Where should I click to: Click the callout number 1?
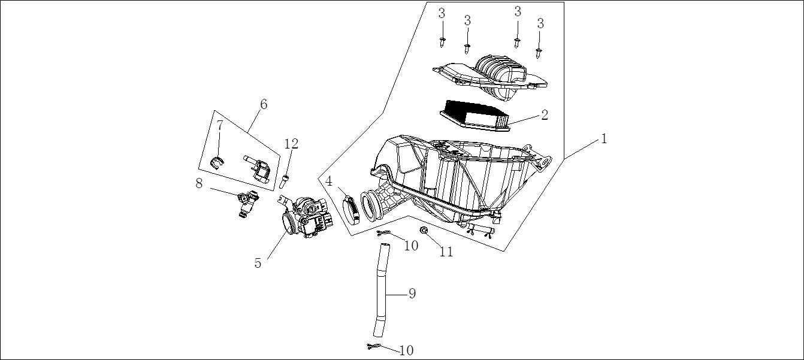[604, 139]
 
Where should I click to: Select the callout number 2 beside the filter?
[545, 114]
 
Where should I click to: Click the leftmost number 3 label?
[442, 13]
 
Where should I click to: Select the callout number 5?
[258, 263]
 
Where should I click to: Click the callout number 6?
[264, 104]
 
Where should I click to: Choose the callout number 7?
[220, 125]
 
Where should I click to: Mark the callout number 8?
[200, 184]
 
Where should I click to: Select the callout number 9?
[412, 293]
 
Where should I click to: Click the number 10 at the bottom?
[406, 350]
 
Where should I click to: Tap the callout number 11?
[446, 252]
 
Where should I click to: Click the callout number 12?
[291, 144]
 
